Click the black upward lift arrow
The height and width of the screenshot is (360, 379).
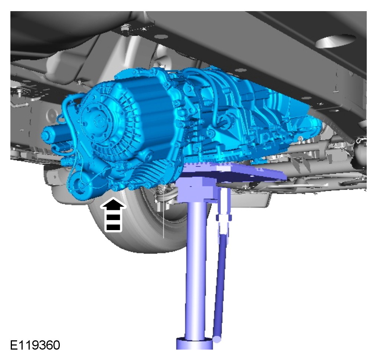[x=113, y=215]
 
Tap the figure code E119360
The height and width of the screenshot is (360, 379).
[x=35, y=345]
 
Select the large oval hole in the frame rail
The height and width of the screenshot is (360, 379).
[x=336, y=41]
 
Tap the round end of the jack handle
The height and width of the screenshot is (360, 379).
[x=217, y=339]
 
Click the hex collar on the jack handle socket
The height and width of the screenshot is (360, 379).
[x=224, y=217]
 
